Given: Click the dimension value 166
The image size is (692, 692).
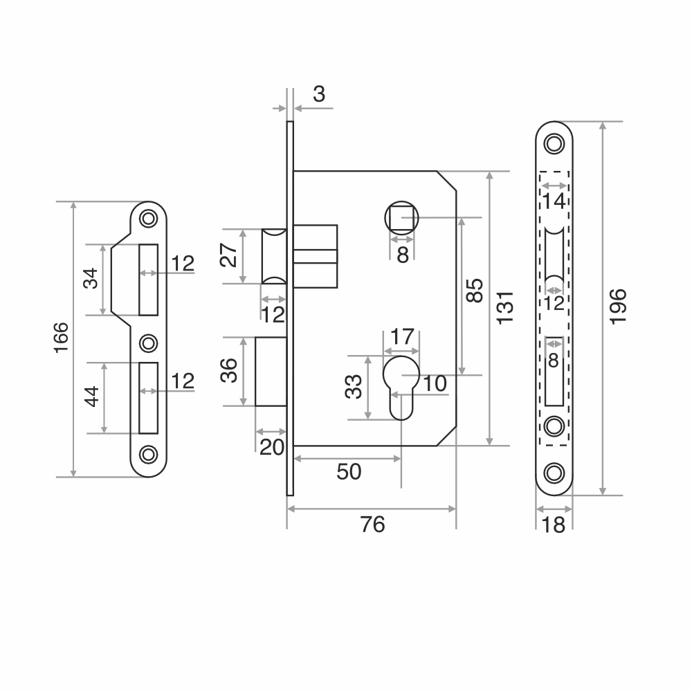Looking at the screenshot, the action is pyautogui.click(x=62, y=338).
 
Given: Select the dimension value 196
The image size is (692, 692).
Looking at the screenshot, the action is pyautogui.click(x=618, y=307).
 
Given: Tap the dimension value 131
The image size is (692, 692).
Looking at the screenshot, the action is pyautogui.click(x=506, y=308).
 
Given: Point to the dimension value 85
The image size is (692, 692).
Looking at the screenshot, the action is pyautogui.click(x=475, y=291).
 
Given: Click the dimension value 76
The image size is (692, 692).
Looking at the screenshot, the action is pyautogui.click(x=373, y=525).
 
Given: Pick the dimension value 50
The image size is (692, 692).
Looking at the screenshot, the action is pyautogui.click(x=349, y=472).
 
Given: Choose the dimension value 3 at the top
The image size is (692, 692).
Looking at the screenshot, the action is pyautogui.click(x=319, y=94).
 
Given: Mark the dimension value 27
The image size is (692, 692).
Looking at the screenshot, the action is pyautogui.click(x=228, y=255).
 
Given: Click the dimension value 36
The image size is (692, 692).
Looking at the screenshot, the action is pyautogui.click(x=229, y=370).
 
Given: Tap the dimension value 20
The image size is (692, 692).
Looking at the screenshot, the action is pyautogui.click(x=272, y=447).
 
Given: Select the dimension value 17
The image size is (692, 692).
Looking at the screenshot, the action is pyautogui.click(x=403, y=337).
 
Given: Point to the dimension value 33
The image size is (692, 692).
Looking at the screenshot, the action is pyautogui.click(x=354, y=387).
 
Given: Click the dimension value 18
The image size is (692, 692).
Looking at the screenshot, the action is pyautogui.click(x=553, y=525).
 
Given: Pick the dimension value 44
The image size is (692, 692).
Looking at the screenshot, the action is pyautogui.click(x=92, y=397).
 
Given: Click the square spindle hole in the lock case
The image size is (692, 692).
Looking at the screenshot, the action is pyautogui.click(x=401, y=217).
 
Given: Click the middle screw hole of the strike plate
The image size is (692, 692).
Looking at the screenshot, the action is pyautogui.click(x=148, y=343).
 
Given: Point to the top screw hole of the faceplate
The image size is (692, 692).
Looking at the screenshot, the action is pyautogui.click(x=554, y=143).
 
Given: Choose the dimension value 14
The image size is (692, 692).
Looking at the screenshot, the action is pyautogui.click(x=554, y=201).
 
